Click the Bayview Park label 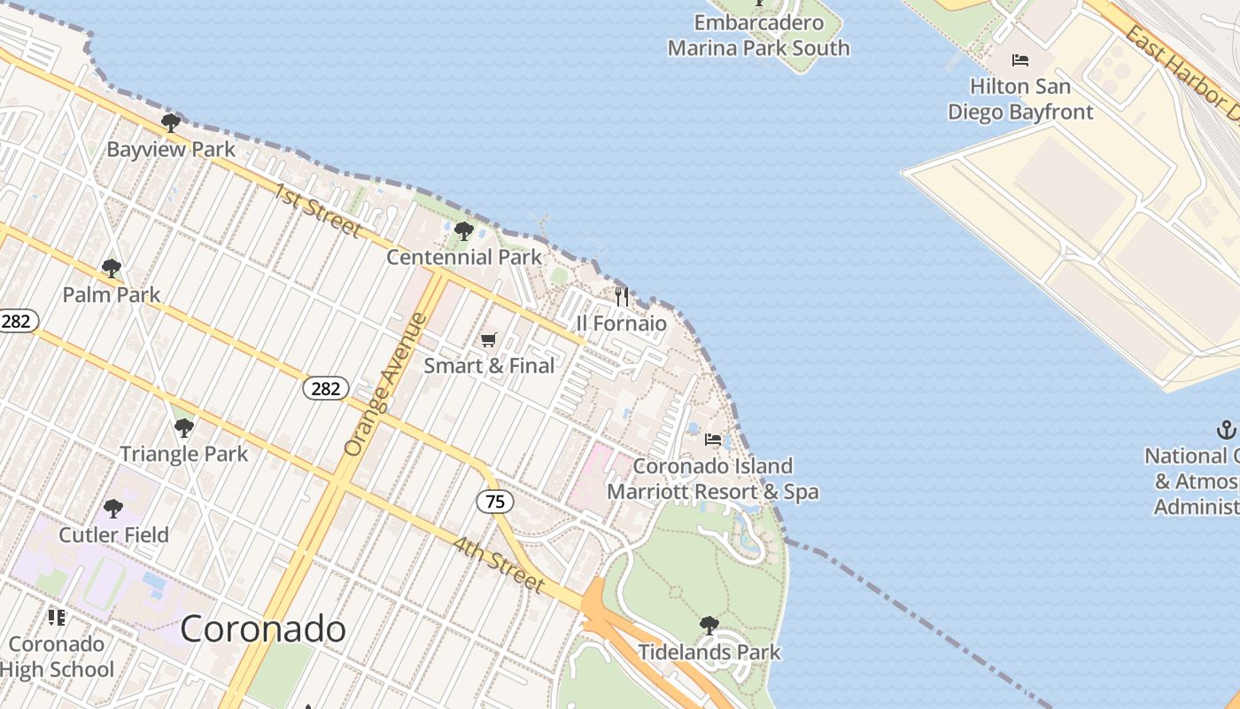[171, 149]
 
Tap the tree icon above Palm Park [112, 268]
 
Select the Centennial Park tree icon [463, 231]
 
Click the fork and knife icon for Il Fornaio [622, 296]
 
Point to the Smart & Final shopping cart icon [488, 339]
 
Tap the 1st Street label [317, 211]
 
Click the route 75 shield [495, 502]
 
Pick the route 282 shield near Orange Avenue [326, 388]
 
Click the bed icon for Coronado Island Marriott [713, 440]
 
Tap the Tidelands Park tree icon [709, 626]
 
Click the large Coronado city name [263, 628]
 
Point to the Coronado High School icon [57, 617]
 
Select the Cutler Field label [113, 535]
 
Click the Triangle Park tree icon [184, 428]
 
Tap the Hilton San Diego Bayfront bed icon [1020, 60]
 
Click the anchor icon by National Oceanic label [1226, 431]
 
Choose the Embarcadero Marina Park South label [759, 35]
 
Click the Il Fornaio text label [622, 323]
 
